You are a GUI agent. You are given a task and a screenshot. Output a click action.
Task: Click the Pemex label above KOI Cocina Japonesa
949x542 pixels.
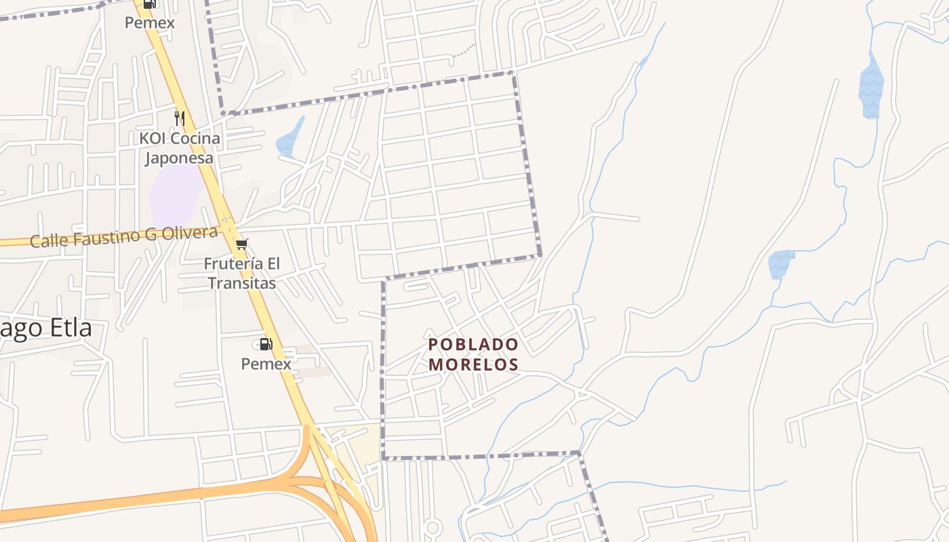[149, 23]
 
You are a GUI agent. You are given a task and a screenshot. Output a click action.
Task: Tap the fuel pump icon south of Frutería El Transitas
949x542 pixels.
[266, 344]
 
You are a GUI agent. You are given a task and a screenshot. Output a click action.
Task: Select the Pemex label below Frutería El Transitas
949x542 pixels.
[266, 364]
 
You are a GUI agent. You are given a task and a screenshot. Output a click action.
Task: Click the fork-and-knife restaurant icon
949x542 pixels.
[180, 119]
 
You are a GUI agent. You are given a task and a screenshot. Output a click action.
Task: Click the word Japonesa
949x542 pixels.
[179, 159]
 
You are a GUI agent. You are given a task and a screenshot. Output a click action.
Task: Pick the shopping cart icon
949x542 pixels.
[242, 245]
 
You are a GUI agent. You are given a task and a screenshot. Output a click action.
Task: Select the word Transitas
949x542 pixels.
[241, 283]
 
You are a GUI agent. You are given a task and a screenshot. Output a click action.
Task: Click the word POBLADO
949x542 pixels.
[473, 345]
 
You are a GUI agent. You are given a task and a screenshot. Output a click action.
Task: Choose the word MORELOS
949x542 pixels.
[473, 364]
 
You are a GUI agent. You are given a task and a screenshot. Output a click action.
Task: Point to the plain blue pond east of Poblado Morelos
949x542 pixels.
[780, 264]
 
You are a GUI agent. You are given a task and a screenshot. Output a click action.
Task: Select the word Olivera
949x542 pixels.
[193, 234]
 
